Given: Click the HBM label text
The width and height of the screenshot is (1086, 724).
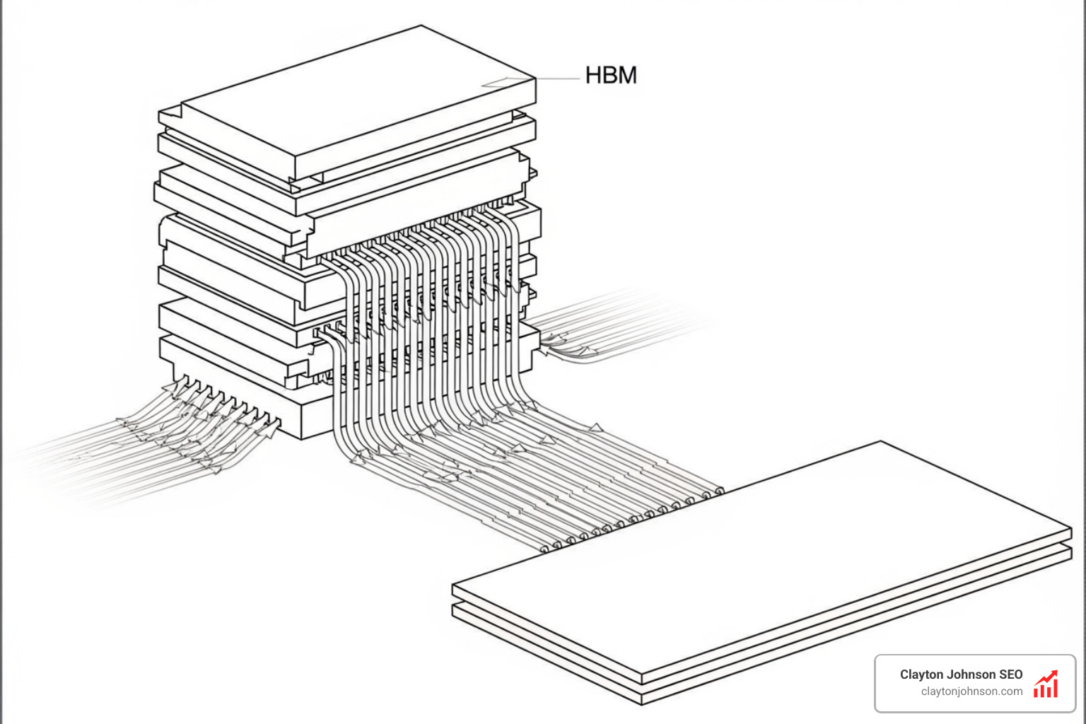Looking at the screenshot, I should point(611,75).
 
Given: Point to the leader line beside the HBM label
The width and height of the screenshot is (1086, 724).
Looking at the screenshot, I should point(558,78).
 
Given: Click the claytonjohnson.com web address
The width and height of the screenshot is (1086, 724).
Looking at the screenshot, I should point(971,691).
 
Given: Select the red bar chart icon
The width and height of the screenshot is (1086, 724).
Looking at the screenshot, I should point(1046,685).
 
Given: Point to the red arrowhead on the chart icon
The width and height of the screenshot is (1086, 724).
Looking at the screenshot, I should point(1054,673).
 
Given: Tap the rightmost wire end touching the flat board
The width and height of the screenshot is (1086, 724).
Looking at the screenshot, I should point(719,489).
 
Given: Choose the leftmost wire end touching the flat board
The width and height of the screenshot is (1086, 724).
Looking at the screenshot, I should point(544,548).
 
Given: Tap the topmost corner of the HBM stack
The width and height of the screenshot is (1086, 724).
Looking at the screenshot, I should point(422,26).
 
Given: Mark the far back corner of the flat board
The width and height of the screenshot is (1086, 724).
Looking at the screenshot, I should point(881,442).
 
